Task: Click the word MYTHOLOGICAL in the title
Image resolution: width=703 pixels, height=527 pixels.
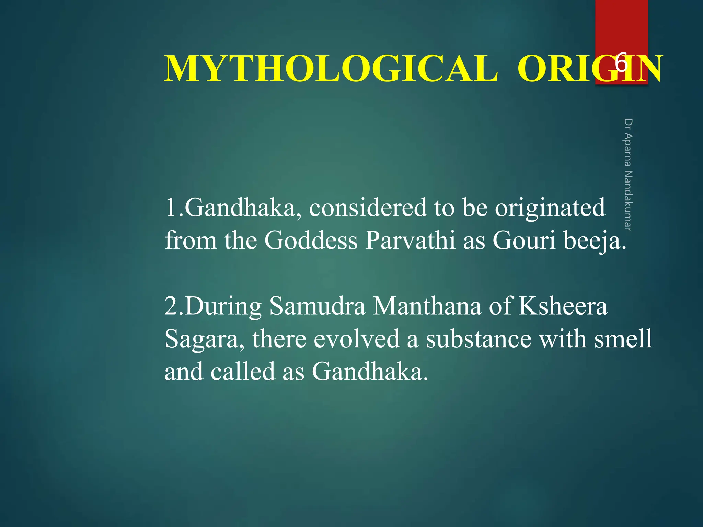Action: click(331, 69)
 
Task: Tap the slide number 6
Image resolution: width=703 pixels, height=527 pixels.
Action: click(622, 63)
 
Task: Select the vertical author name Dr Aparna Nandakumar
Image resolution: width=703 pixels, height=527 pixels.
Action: click(628, 175)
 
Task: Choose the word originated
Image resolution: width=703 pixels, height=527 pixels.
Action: click(550, 209)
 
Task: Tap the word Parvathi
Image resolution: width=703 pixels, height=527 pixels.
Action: click(410, 240)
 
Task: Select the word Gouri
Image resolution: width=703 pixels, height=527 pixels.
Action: click(524, 240)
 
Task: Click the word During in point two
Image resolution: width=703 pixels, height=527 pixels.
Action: click(223, 306)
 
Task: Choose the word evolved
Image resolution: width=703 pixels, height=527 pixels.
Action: click(357, 339)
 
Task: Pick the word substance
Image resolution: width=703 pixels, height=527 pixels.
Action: click(479, 339)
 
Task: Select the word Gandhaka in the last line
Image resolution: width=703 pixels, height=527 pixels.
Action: click(370, 372)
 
